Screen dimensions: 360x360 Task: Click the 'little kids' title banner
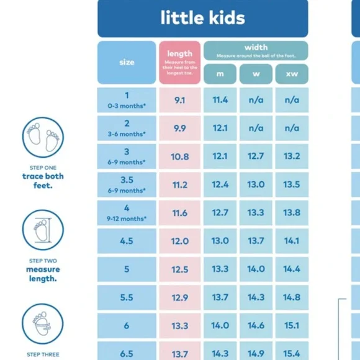pyautogui.click(x=202, y=18)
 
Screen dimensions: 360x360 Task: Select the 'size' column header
pyautogui.click(x=127, y=62)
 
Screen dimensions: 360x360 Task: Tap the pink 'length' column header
pyautogui.click(x=179, y=62)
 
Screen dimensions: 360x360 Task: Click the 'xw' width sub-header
pyautogui.click(x=292, y=74)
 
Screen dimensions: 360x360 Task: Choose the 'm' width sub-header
pyautogui.click(x=220, y=74)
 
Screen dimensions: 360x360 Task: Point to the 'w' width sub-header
pyautogui.click(x=256, y=74)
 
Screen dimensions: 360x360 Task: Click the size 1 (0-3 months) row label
pyautogui.click(x=127, y=100)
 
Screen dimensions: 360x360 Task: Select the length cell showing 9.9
pyautogui.click(x=179, y=128)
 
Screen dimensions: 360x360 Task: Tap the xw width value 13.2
pyautogui.click(x=292, y=156)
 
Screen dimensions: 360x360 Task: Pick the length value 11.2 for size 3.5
pyautogui.click(x=179, y=184)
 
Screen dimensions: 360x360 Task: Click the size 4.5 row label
pyautogui.click(x=127, y=241)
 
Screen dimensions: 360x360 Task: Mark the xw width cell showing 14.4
pyautogui.click(x=292, y=269)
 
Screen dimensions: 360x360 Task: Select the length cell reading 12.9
pyautogui.click(x=179, y=297)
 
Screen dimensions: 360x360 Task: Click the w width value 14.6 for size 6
pyautogui.click(x=256, y=325)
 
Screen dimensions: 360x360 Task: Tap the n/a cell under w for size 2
pyautogui.click(x=256, y=128)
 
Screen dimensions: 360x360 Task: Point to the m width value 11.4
pyautogui.click(x=220, y=100)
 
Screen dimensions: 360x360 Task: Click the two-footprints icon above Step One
pyautogui.click(x=43, y=138)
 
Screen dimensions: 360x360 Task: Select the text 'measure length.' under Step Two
pyautogui.click(x=43, y=274)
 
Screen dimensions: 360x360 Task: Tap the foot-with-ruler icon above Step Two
pyautogui.click(x=43, y=230)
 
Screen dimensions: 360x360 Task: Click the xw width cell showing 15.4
pyautogui.click(x=292, y=353)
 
